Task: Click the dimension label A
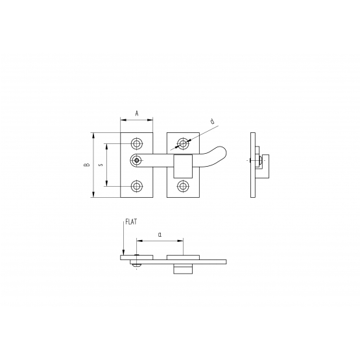[x=137, y=114]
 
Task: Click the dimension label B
[x=87, y=165]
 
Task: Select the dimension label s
[x=101, y=165]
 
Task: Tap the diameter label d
[x=213, y=121]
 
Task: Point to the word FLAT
[x=131, y=222]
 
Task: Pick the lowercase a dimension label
[x=160, y=235]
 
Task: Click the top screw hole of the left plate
[x=137, y=144]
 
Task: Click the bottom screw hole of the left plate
[x=137, y=186]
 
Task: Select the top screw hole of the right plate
[x=183, y=144]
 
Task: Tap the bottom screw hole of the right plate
[x=183, y=186]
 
